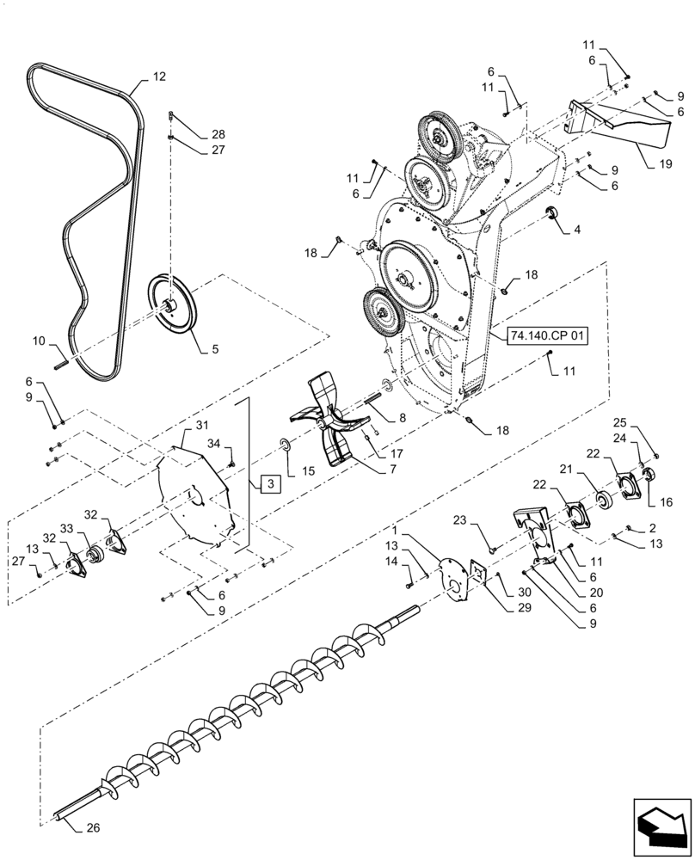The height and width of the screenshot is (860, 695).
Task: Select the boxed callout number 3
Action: [x=269, y=485]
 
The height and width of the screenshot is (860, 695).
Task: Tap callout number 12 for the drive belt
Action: [x=159, y=77]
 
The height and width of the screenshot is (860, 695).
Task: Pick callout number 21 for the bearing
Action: [x=591, y=470]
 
